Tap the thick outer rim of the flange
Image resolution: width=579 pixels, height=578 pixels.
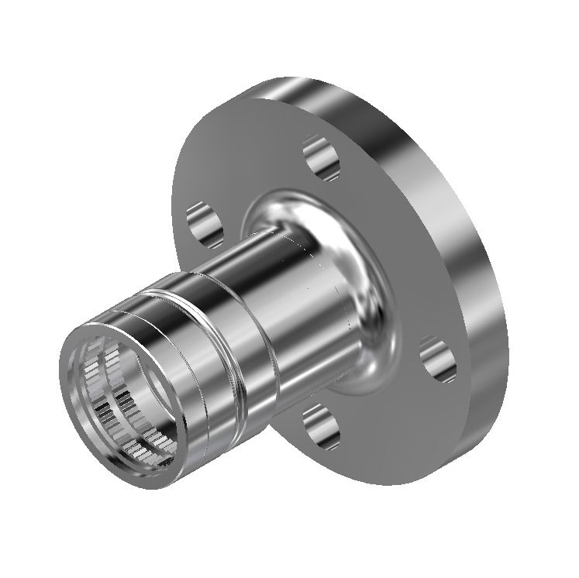click(465, 232)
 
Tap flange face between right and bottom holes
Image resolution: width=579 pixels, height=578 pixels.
click(388, 411)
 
